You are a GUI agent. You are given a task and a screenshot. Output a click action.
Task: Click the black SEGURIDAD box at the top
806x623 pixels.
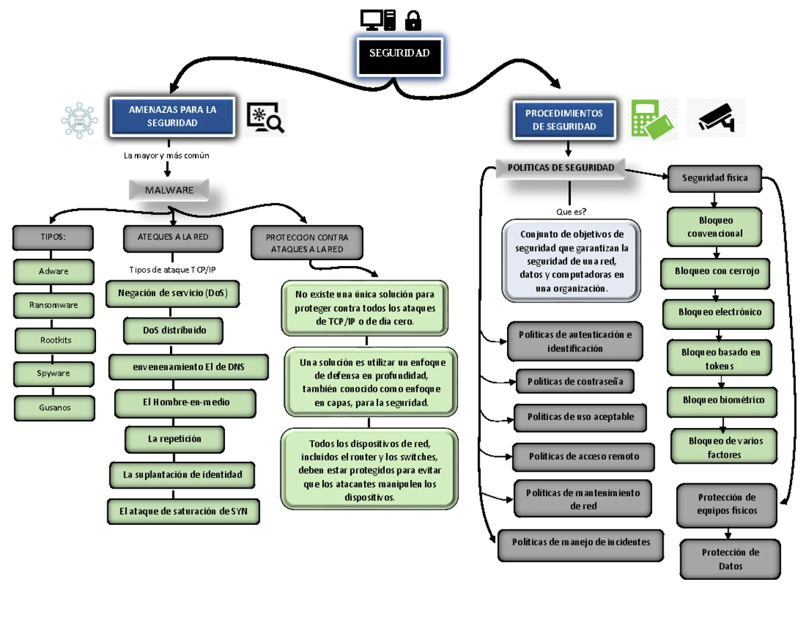399,56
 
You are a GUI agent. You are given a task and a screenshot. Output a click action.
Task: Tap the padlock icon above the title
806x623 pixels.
412,20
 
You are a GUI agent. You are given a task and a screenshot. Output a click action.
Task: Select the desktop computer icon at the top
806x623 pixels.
377,20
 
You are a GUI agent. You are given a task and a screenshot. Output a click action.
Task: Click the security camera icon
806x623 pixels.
716,118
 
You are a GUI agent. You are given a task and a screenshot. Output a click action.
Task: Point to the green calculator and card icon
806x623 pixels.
652,120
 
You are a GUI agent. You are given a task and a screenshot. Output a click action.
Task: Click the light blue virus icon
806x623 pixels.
79,120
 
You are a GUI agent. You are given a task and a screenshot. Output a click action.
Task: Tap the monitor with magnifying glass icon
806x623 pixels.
265,118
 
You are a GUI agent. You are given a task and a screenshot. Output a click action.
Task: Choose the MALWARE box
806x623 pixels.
169,190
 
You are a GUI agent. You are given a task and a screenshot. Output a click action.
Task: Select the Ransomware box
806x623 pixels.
54,305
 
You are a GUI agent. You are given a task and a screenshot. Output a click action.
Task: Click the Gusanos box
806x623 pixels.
54,408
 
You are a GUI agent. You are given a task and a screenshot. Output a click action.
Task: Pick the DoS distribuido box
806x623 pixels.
173,330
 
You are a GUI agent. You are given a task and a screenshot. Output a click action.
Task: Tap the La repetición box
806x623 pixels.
175,439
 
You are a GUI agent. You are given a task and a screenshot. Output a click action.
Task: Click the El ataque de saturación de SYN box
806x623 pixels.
183,511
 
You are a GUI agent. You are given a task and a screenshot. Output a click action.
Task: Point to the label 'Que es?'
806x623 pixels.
571,212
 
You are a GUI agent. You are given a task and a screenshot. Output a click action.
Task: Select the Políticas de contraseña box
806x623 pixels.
575,382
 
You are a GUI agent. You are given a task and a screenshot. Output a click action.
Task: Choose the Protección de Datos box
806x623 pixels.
730,559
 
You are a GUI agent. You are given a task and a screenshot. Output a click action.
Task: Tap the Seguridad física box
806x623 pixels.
715,179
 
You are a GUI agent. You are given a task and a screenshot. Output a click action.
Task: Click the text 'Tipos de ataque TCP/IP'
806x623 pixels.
173,269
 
